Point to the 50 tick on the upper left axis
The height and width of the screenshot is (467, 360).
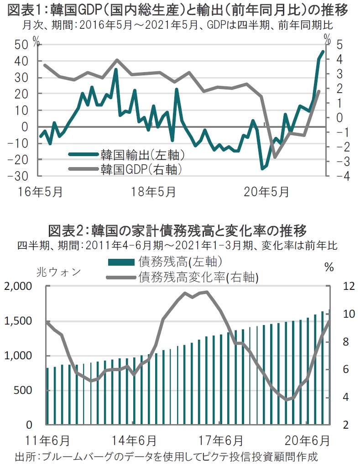click(21, 45)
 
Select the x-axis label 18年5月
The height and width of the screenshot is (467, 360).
click(153, 192)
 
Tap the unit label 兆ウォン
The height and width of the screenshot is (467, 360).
click(58, 273)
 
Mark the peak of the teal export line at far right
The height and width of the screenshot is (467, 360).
click(323, 51)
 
